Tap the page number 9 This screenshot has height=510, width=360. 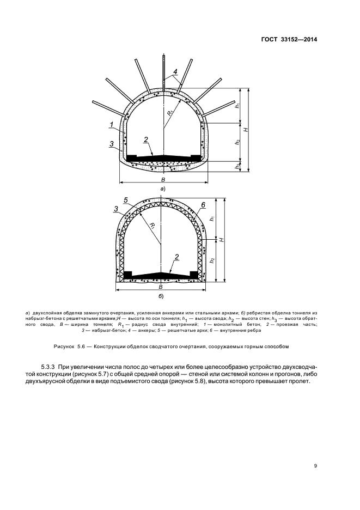click(x=316, y=466)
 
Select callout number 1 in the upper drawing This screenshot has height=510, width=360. click(x=111, y=125)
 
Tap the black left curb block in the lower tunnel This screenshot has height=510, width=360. click(x=129, y=274)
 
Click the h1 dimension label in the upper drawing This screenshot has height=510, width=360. click(x=237, y=105)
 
